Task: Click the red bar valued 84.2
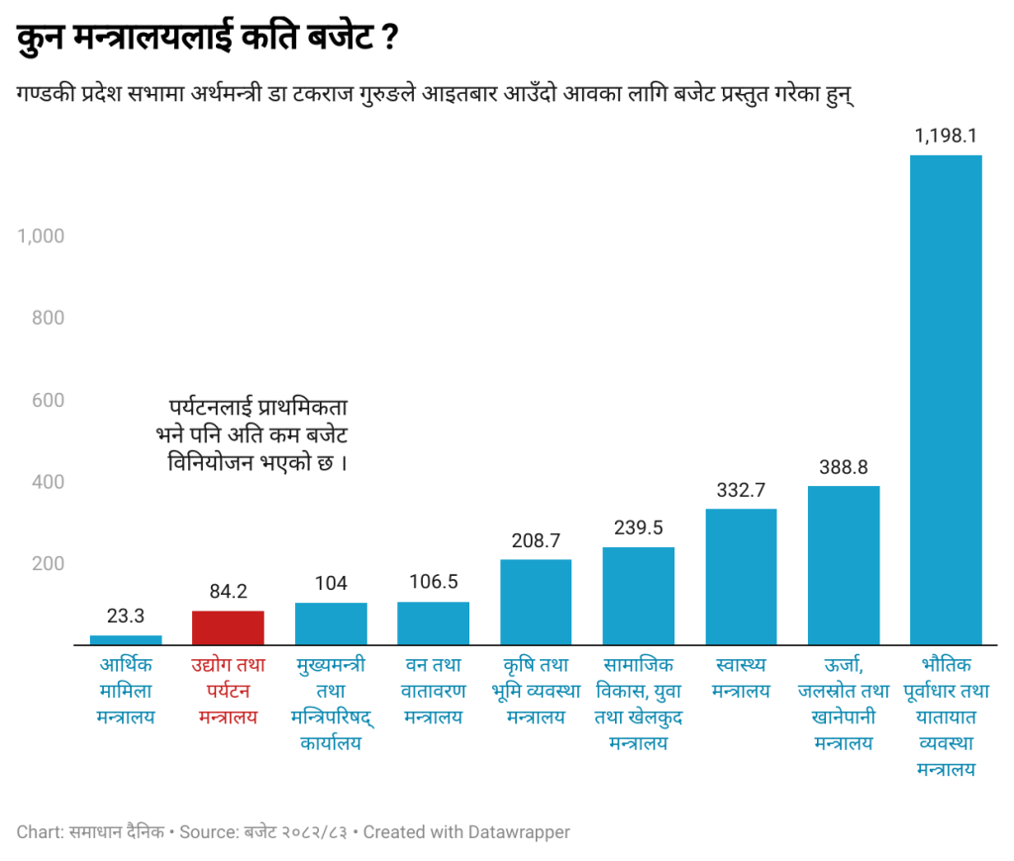(x=228, y=627)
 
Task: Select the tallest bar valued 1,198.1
(x=945, y=400)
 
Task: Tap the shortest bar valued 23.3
(x=126, y=639)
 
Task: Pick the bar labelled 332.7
(x=741, y=576)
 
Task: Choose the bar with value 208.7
(x=536, y=602)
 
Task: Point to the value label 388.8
(x=843, y=468)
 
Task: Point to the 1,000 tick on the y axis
(x=41, y=236)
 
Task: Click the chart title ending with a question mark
(x=208, y=41)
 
